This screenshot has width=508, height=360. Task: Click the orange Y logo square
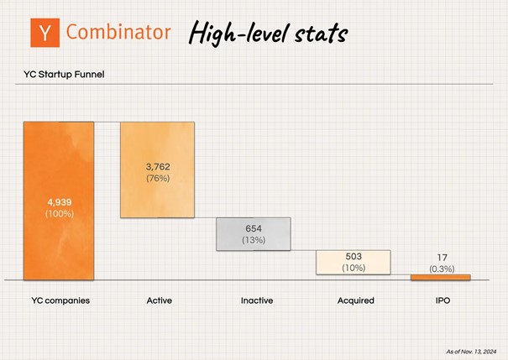click(x=45, y=33)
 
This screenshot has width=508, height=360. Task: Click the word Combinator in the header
click(x=118, y=32)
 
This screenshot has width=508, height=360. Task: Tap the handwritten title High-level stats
click(x=268, y=33)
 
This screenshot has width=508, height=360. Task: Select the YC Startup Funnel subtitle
click(x=64, y=75)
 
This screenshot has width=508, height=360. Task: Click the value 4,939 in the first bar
click(x=60, y=202)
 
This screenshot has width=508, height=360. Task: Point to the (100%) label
click(x=60, y=214)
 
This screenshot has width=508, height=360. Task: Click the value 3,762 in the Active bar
click(x=158, y=167)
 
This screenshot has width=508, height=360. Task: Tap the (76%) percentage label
click(x=158, y=178)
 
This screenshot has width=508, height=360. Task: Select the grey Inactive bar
click(x=254, y=234)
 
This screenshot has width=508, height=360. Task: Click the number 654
click(x=254, y=228)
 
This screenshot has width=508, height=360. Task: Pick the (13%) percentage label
click(x=254, y=240)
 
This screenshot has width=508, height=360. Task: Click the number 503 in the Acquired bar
click(x=354, y=257)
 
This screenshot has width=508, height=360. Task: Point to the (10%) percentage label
click(x=354, y=268)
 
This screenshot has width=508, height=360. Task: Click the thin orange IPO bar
click(x=441, y=278)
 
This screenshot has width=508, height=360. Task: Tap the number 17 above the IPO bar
click(x=442, y=258)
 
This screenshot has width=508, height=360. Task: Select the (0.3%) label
click(x=442, y=269)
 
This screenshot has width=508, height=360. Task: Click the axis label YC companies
click(x=60, y=300)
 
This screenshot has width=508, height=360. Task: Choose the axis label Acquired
click(x=356, y=300)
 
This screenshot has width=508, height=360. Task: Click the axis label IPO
click(x=443, y=300)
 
